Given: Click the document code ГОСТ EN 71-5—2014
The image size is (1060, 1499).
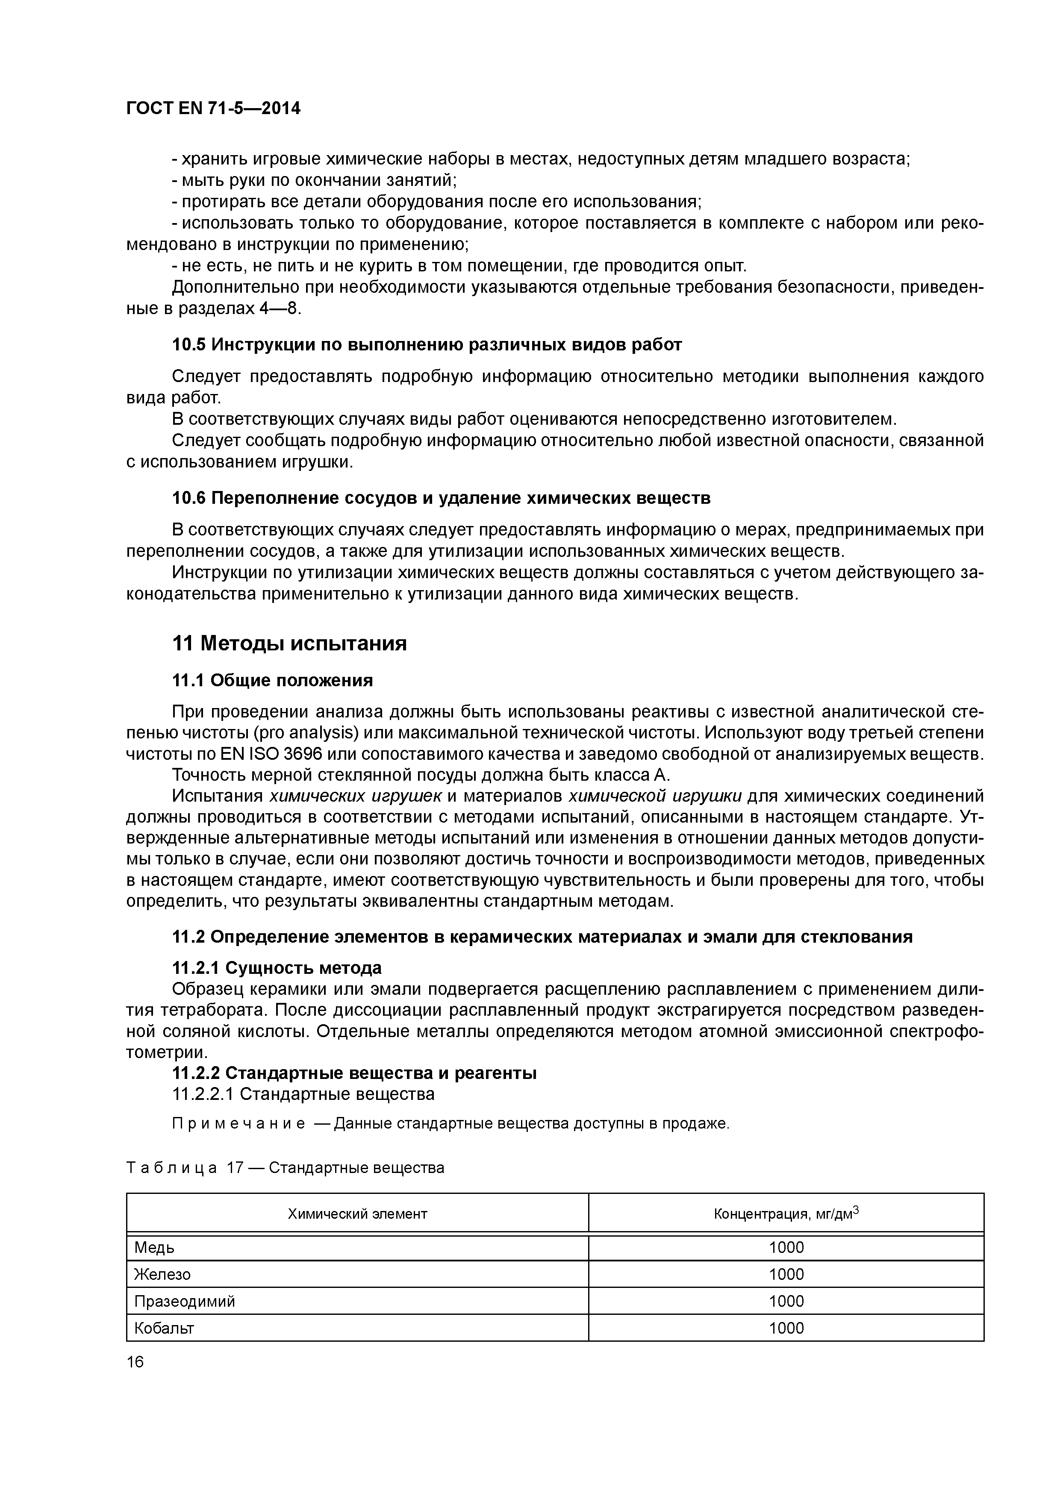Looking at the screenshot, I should point(213,109).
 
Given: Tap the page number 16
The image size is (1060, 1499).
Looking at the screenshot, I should point(135,1361).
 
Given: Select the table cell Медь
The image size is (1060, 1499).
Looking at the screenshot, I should point(154,1248).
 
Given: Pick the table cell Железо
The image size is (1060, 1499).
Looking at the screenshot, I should point(162,1274).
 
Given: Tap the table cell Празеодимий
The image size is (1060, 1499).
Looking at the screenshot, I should point(184,1301).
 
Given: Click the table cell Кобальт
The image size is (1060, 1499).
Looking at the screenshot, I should point(164,1328).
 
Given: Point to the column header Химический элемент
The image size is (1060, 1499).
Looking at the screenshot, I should point(357,1214).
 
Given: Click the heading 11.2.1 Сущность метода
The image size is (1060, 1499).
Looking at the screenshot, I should point(276,967).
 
